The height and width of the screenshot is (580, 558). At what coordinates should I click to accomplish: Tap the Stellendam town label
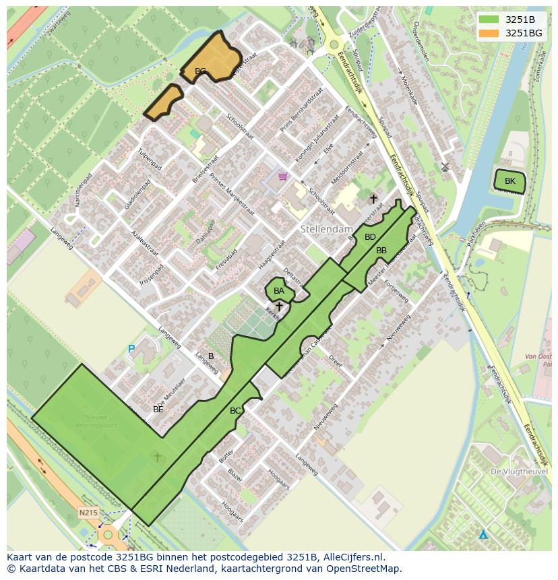click(327, 230)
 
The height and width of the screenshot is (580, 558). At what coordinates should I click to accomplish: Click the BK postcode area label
click(509, 181)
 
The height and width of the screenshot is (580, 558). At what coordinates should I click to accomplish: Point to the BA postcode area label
click(279, 291)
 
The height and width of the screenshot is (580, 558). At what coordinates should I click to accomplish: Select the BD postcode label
click(370, 237)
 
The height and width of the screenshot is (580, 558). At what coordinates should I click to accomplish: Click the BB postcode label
click(381, 251)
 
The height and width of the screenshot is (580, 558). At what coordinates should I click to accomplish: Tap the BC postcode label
click(235, 410)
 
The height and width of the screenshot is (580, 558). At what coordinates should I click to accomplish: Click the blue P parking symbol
click(131, 349)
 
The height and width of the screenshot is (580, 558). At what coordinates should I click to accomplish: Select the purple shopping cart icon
click(282, 176)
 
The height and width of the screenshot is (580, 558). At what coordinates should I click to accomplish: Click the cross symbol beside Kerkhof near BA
click(279, 307)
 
